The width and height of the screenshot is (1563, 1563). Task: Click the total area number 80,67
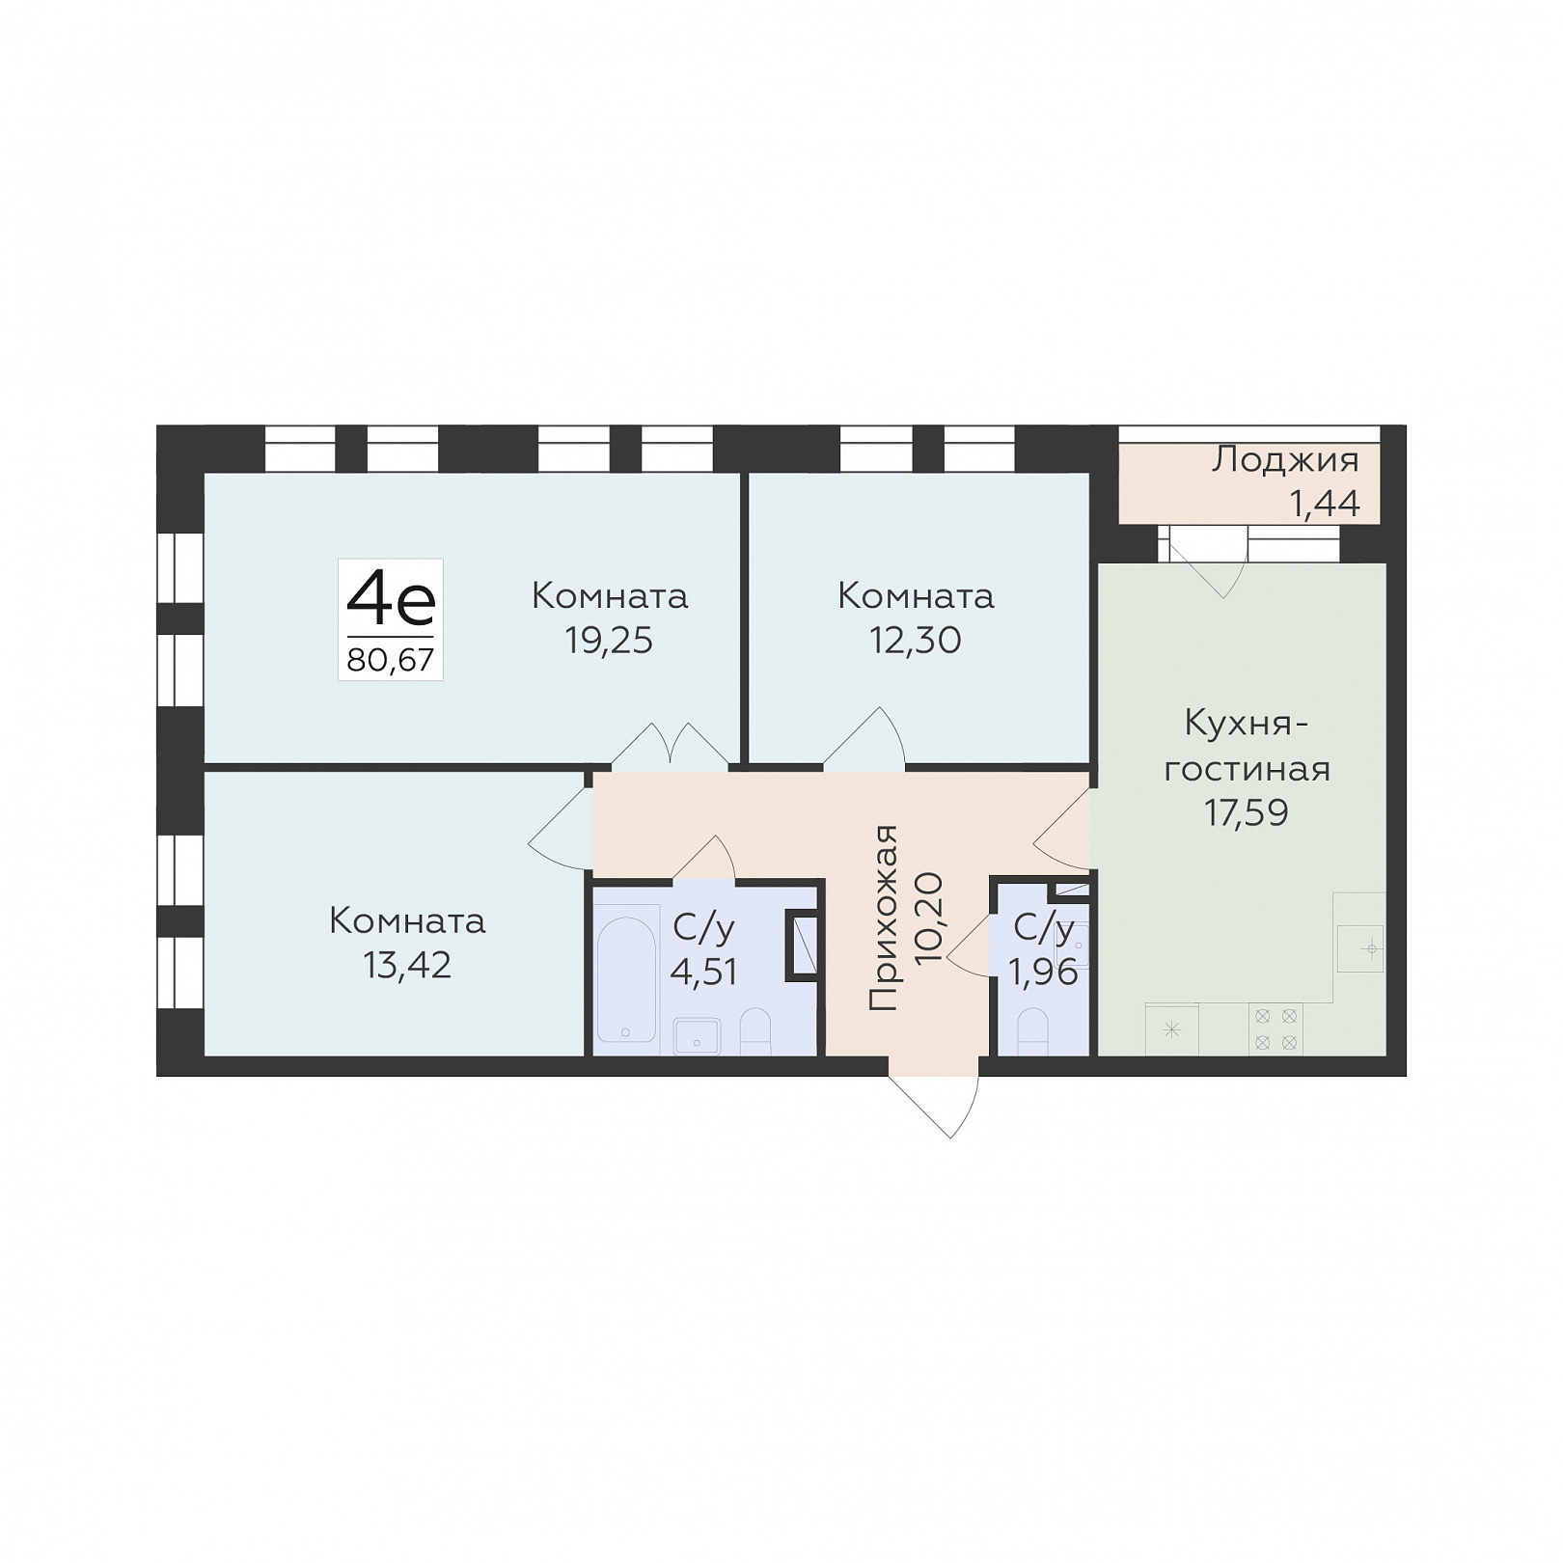tap(391, 660)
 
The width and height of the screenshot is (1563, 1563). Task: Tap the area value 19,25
tap(609, 640)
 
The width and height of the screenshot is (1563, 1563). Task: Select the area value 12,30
tap(916, 640)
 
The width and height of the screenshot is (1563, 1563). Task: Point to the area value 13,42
tap(407, 965)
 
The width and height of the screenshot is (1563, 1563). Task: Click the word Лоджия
tap(1285, 461)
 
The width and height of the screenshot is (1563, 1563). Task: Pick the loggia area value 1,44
tap(1326, 503)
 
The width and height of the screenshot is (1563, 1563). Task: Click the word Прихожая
tap(884, 918)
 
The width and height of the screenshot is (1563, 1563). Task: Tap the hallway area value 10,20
tap(929, 919)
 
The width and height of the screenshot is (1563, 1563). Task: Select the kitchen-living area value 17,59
tap(1246, 812)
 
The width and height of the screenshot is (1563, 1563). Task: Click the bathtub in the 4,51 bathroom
tap(627, 979)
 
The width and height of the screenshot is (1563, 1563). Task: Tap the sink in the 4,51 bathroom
tap(697, 1036)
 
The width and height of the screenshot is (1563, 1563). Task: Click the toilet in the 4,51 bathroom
tap(755, 1031)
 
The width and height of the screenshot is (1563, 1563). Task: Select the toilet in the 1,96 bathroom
tap(1033, 1031)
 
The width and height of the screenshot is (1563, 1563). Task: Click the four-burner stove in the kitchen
tap(1275, 1028)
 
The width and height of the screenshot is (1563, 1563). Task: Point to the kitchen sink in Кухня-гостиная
tap(1359, 948)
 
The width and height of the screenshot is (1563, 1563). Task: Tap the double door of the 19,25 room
tap(671, 747)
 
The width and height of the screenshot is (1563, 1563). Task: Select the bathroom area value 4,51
tap(704, 972)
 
